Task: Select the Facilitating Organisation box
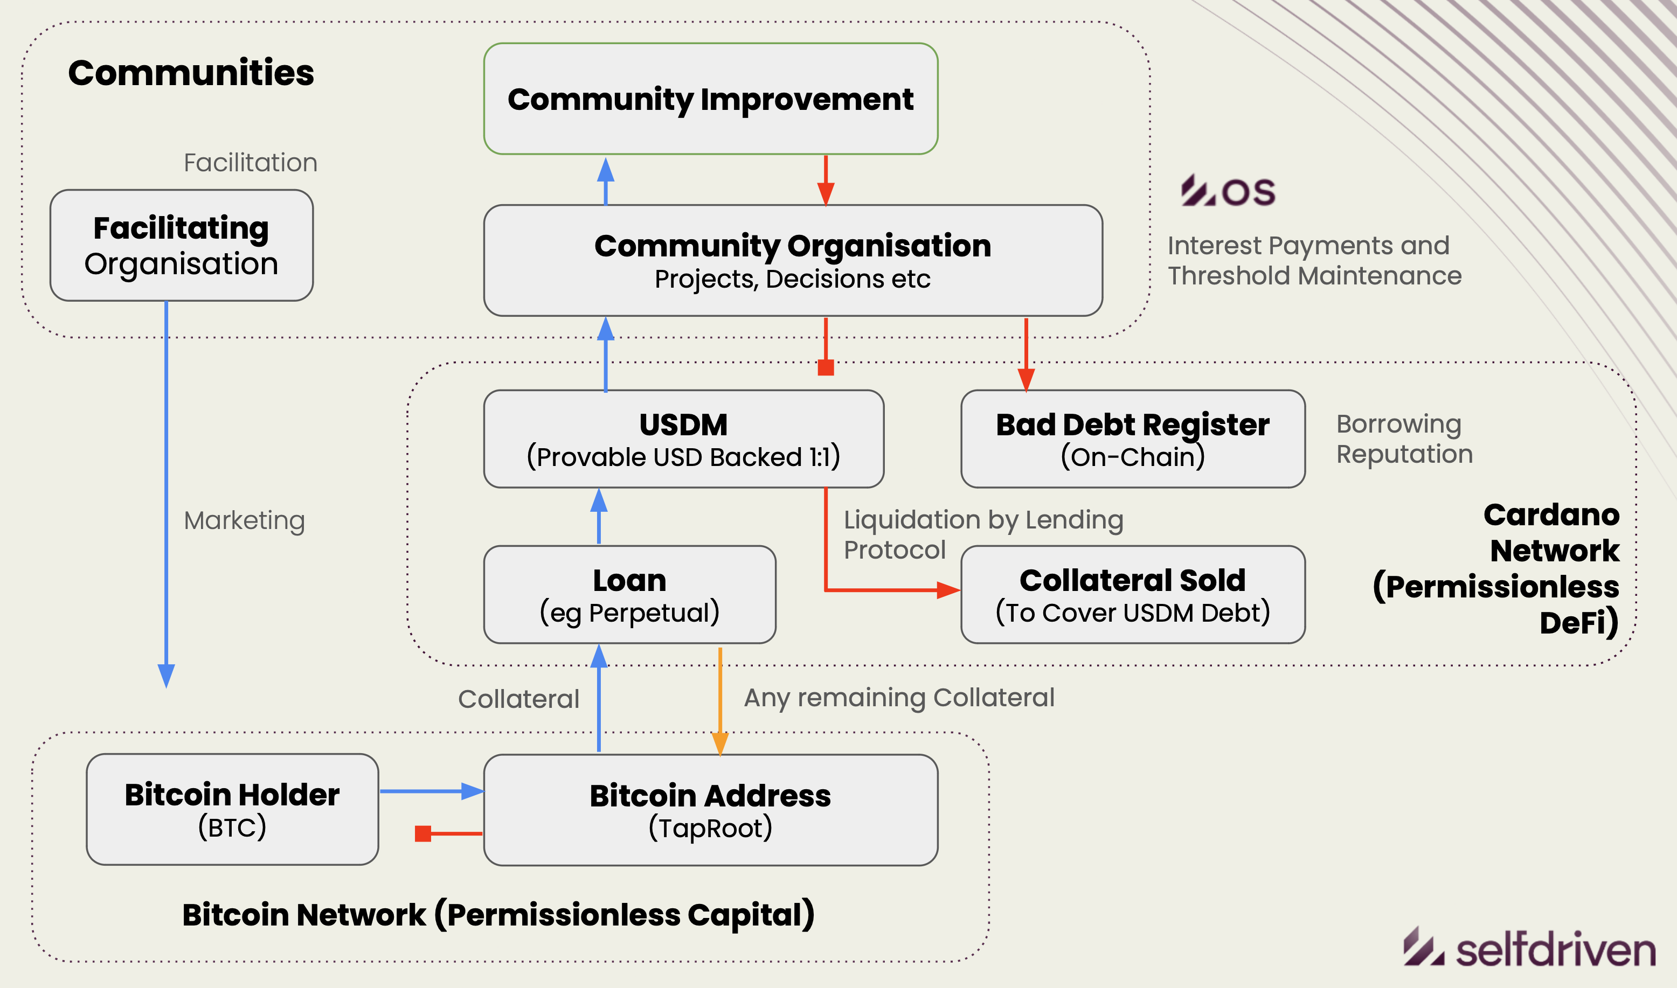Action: point(181,245)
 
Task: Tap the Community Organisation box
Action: point(793,260)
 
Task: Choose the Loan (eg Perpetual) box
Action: point(629,595)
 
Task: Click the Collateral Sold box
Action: point(1132,595)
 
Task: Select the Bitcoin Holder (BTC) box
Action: point(232,809)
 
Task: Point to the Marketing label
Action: point(244,520)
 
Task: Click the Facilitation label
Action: point(251,163)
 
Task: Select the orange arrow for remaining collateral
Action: point(720,699)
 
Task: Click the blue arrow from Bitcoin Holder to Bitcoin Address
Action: point(431,791)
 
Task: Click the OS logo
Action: point(1228,191)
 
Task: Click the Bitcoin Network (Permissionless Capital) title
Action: point(498,914)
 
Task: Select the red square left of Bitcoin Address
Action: point(423,833)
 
